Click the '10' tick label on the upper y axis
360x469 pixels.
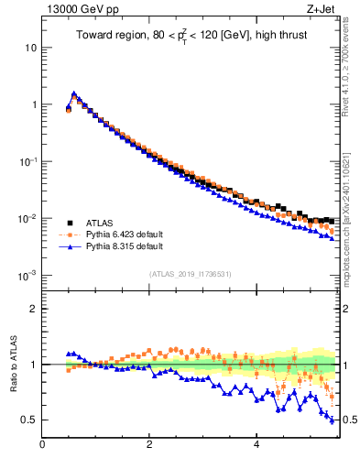(30, 47)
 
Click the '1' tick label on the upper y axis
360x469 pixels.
(33, 104)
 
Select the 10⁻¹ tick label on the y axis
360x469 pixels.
(28, 160)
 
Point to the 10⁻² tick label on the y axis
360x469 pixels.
(28, 217)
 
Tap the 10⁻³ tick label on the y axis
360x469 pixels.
(28, 275)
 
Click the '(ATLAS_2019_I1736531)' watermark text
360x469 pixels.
(191, 274)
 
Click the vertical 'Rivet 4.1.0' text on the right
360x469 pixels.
(351, 64)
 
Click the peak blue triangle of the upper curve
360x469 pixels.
(73, 93)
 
